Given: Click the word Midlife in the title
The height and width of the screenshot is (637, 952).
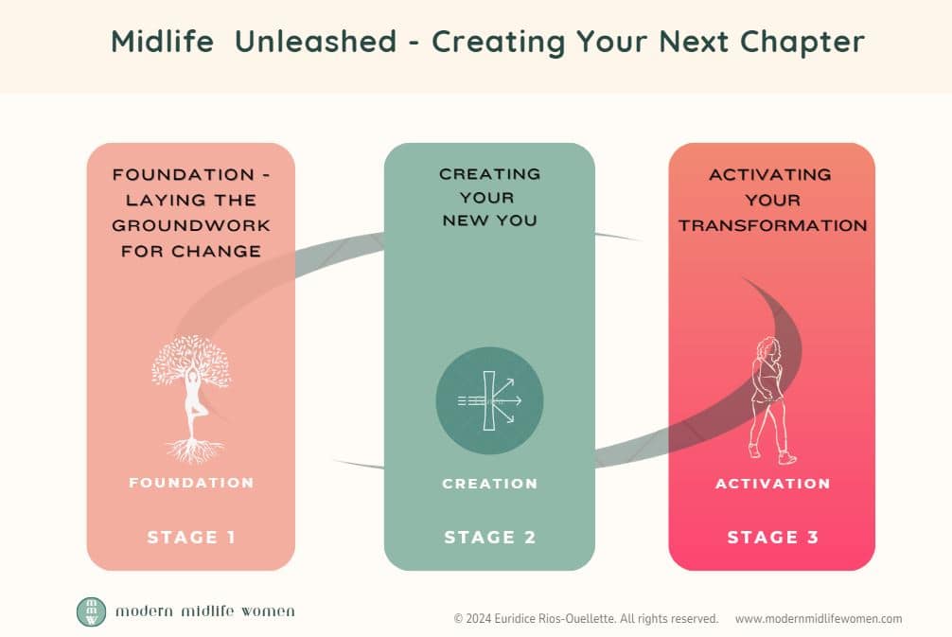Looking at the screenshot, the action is [x=163, y=42].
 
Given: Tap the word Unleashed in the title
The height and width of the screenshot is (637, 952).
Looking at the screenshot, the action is [x=316, y=42].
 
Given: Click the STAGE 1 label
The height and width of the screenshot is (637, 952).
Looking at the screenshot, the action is [x=191, y=538].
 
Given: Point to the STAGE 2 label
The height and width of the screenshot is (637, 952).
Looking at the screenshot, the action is [x=490, y=538].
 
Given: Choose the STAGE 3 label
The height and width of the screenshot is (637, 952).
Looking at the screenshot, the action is [x=773, y=538].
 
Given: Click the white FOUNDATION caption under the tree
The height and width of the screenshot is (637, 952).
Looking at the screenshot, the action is [x=191, y=483].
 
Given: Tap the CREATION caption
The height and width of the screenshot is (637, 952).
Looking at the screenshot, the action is [x=490, y=484].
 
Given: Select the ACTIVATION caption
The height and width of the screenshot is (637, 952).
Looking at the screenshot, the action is [x=773, y=484].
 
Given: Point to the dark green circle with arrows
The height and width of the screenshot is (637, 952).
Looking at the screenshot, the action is [x=489, y=400].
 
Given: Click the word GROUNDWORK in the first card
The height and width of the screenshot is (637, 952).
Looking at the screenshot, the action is [x=191, y=225].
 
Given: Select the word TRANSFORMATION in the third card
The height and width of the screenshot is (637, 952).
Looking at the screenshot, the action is [x=773, y=225].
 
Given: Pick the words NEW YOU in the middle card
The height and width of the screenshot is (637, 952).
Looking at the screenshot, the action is [x=490, y=221].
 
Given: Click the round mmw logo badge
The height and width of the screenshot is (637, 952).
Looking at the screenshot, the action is [x=91, y=611].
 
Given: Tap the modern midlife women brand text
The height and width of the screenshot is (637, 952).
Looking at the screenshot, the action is [x=205, y=610].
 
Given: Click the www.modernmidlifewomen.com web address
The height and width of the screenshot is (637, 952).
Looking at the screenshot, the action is [x=819, y=619].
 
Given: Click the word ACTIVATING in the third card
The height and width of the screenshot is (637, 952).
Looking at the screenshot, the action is [x=770, y=175].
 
